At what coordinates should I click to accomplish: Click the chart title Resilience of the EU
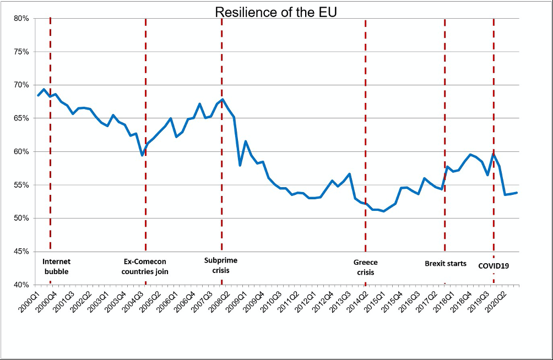pyautogui.click(x=276, y=12)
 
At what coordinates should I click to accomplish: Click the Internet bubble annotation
pyautogui.click(x=56, y=266)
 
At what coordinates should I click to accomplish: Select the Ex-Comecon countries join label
pyautogui.click(x=145, y=266)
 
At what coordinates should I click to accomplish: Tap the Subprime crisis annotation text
pyautogui.click(x=220, y=265)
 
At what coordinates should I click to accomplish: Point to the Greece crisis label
pyautogui.click(x=366, y=268)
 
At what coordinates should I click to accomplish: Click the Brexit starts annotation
pyautogui.click(x=446, y=264)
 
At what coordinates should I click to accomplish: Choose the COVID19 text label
pyautogui.click(x=493, y=265)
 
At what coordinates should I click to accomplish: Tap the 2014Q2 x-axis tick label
pyautogui.click(x=359, y=300)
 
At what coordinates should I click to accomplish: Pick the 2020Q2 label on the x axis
pyautogui.click(x=500, y=300)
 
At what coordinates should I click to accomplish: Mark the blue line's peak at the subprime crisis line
pyautogui.click(x=221, y=100)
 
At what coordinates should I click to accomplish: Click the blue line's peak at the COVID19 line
pyautogui.click(x=494, y=154)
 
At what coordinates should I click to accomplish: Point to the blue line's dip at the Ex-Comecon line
pyautogui.click(x=142, y=155)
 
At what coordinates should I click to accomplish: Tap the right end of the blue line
pyautogui.click(x=517, y=193)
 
